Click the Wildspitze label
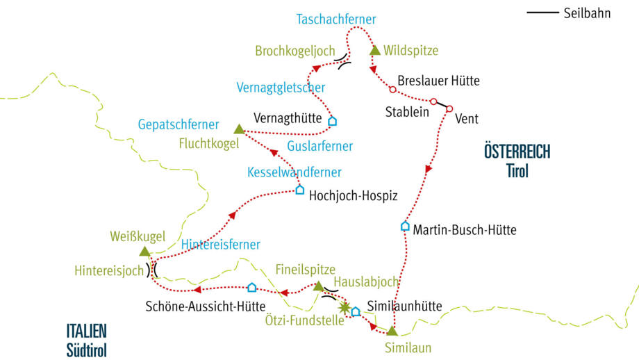pos(410,50)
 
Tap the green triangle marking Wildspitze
pos(375,50)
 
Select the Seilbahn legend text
pos(588,13)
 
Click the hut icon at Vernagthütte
pos(332,121)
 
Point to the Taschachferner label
pos(336,19)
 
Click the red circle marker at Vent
pos(449,108)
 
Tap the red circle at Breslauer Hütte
pos(392,90)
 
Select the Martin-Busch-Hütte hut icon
pos(405,226)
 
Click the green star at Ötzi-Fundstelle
pos(344,306)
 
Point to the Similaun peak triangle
pos(392,331)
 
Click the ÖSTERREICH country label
pos(517,152)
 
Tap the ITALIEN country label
pos(87,332)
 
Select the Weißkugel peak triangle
pos(144,252)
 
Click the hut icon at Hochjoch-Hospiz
pos(300,190)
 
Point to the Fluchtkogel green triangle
pos(239,129)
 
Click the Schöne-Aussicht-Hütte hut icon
pos(251,287)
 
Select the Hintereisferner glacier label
pos(221,244)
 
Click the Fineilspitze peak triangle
pos(318,286)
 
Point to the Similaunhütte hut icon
pos(356,311)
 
